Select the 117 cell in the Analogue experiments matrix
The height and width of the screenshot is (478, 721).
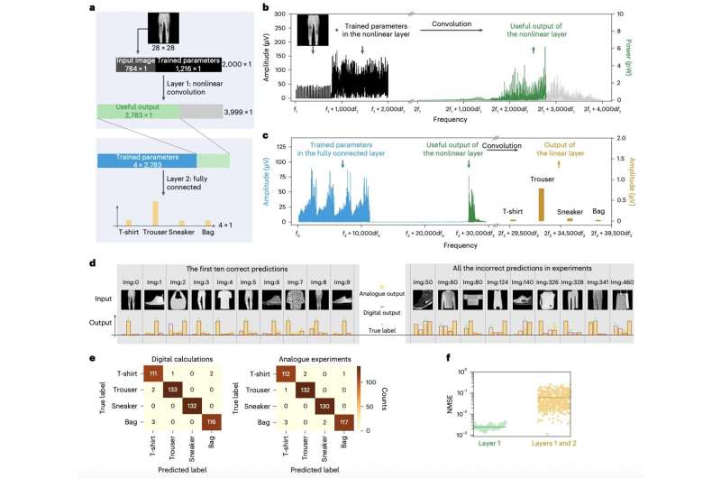(373, 419)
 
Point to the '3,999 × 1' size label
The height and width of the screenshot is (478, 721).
(244, 110)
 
